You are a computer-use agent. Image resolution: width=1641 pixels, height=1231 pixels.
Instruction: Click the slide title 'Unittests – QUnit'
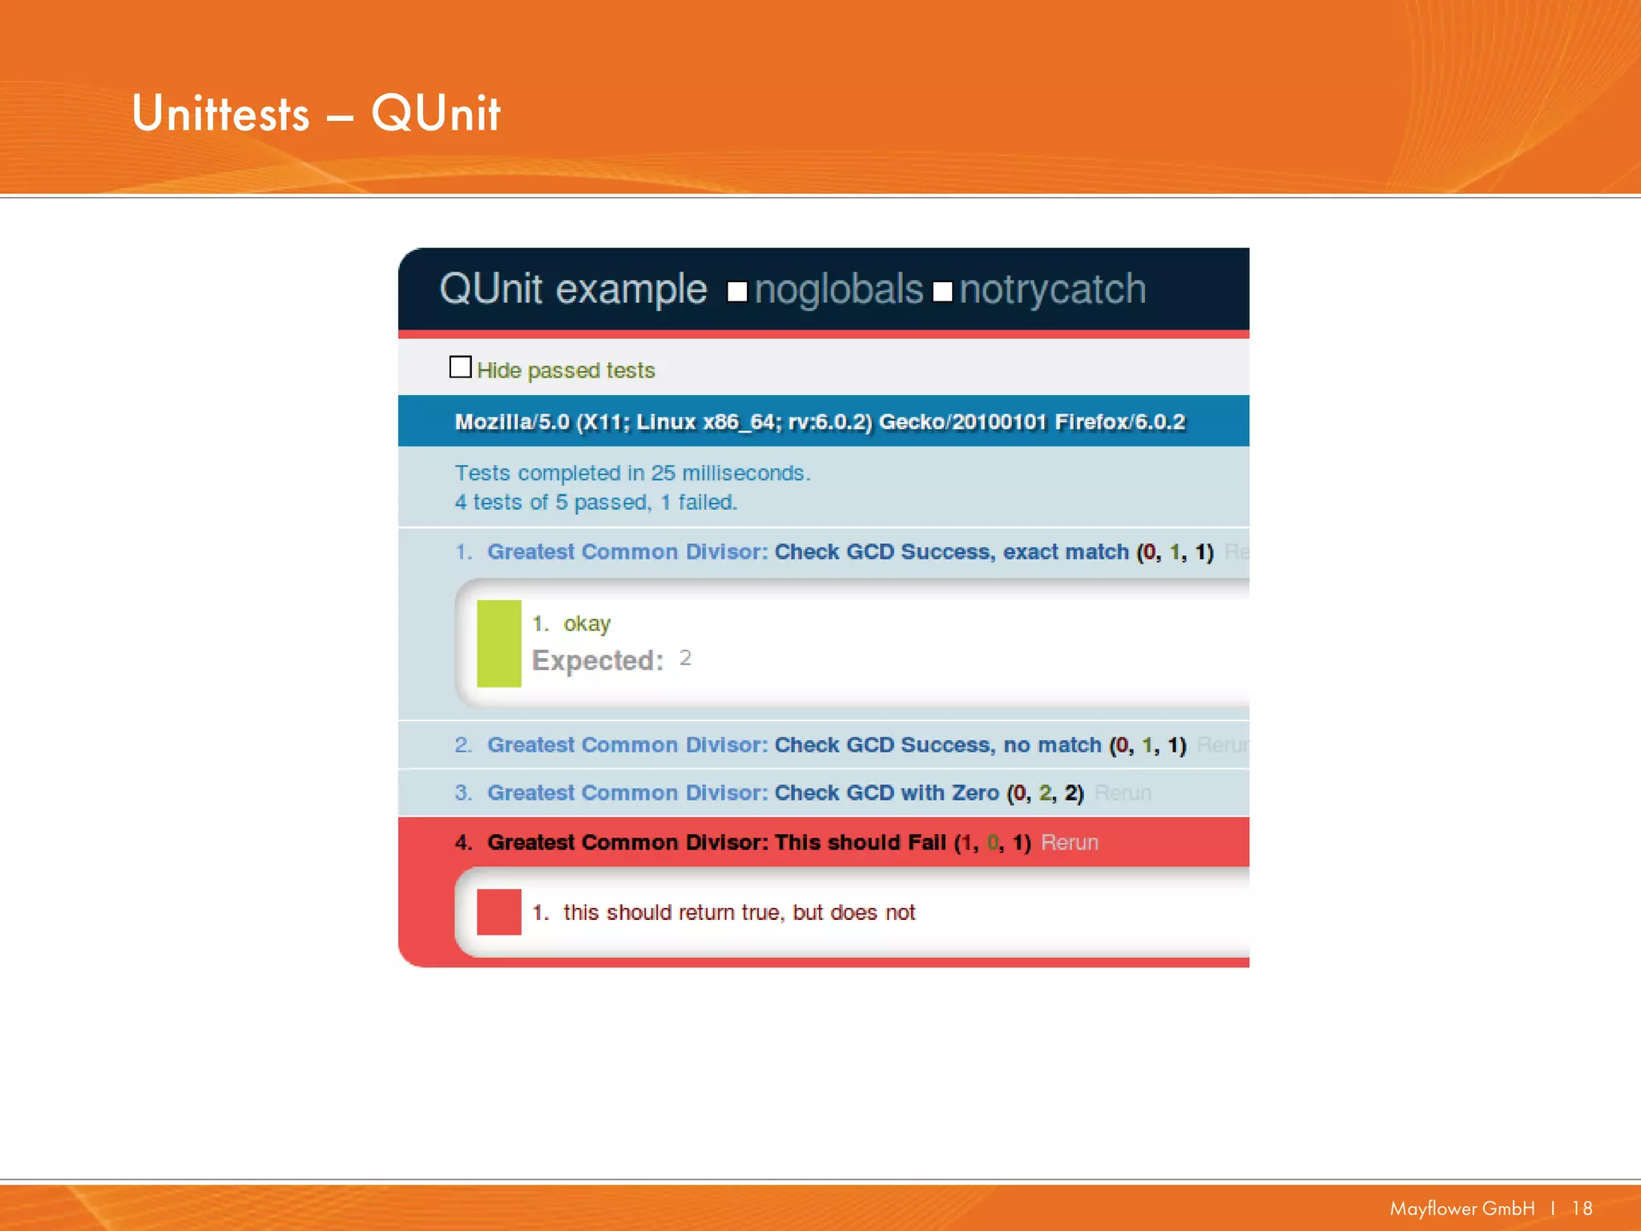click(316, 113)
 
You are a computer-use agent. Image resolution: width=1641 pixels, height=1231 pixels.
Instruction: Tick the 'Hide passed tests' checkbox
click(461, 367)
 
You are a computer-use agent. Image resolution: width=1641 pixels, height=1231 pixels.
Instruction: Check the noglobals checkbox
click(737, 292)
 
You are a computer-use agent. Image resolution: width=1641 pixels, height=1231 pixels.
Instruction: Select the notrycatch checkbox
click(942, 292)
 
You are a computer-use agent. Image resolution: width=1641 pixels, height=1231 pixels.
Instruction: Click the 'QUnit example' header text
click(573, 289)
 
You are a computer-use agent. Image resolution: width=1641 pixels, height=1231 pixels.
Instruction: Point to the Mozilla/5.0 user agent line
click(819, 422)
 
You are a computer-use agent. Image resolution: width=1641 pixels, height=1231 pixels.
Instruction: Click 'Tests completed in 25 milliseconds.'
click(632, 473)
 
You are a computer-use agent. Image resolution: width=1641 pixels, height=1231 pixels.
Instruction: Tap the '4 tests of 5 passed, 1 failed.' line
click(595, 502)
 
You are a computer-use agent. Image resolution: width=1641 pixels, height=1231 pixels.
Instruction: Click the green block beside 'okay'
click(498, 644)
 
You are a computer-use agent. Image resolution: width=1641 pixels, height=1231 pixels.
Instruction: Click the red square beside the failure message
click(498, 912)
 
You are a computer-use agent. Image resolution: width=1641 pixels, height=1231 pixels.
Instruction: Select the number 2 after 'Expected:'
click(685, 658)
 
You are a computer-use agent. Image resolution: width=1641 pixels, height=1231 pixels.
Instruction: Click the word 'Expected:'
click(598, 660)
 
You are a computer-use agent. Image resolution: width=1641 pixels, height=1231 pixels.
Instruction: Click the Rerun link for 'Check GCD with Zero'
click(1123, 793)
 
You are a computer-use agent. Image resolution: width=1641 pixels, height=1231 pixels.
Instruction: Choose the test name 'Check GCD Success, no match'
click(937, 745)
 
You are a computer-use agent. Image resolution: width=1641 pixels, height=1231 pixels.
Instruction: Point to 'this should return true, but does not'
click(739, 913)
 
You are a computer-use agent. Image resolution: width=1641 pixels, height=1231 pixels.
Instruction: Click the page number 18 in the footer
click(1582, 1209)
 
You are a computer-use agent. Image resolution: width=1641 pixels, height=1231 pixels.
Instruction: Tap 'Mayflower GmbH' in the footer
click(1462, 1209)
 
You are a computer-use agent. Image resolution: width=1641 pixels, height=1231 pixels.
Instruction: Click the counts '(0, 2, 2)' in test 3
click(1045, 793)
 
